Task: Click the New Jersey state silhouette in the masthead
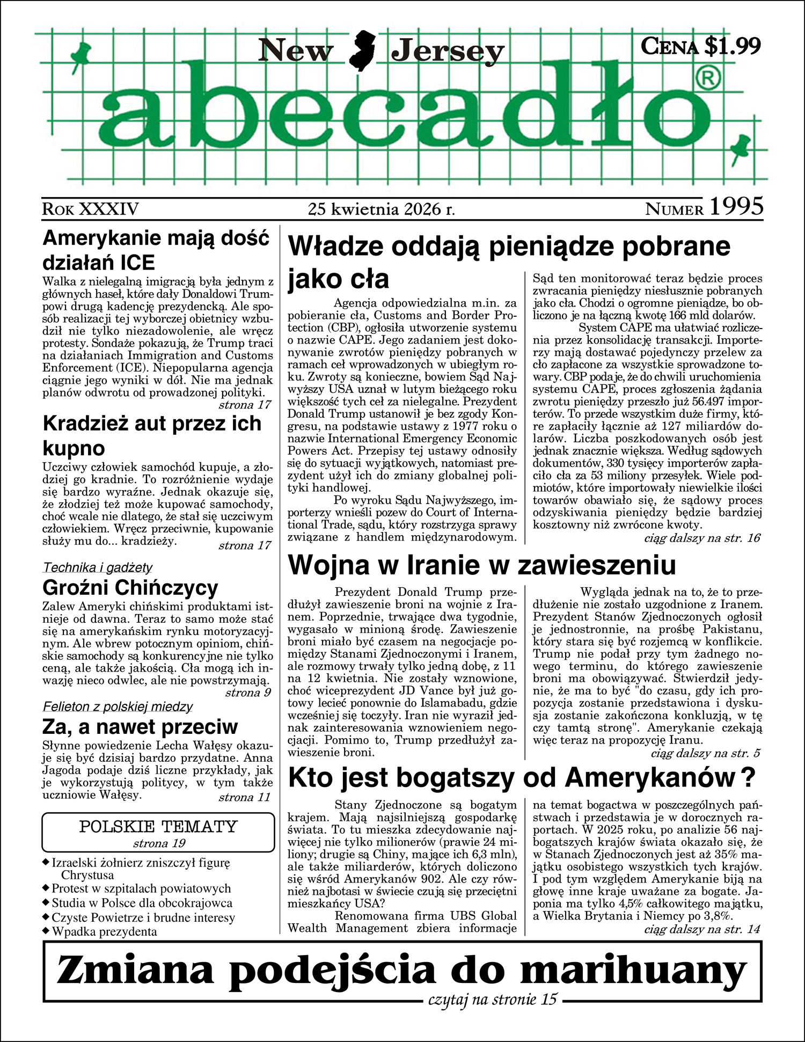tap(363, 51)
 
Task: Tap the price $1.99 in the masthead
tap(733, 46)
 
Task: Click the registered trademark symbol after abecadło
tap(708, 79)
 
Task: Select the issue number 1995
tap(736, 207)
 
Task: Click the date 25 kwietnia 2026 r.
tap(382, 209)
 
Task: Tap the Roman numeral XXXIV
tap(109, 209)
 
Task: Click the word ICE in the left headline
tap(137, 263)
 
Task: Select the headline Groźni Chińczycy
tap(130, 588)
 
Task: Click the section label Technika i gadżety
tap(98, 567)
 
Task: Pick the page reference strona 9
tap(248, 693)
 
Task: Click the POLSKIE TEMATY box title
tap(158, 826)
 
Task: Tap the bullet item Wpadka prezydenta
tap(104, 931)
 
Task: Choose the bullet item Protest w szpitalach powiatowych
tap(141, 888)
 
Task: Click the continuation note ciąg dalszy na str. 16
tap(702, 538)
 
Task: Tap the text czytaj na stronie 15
tap(493, 1000)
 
